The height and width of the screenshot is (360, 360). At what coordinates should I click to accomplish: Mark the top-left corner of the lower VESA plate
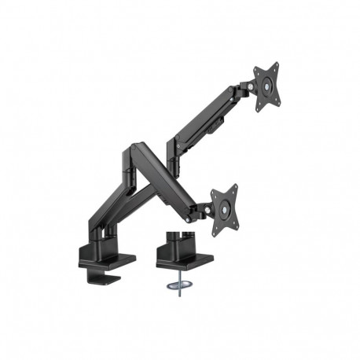pos(214,189)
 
